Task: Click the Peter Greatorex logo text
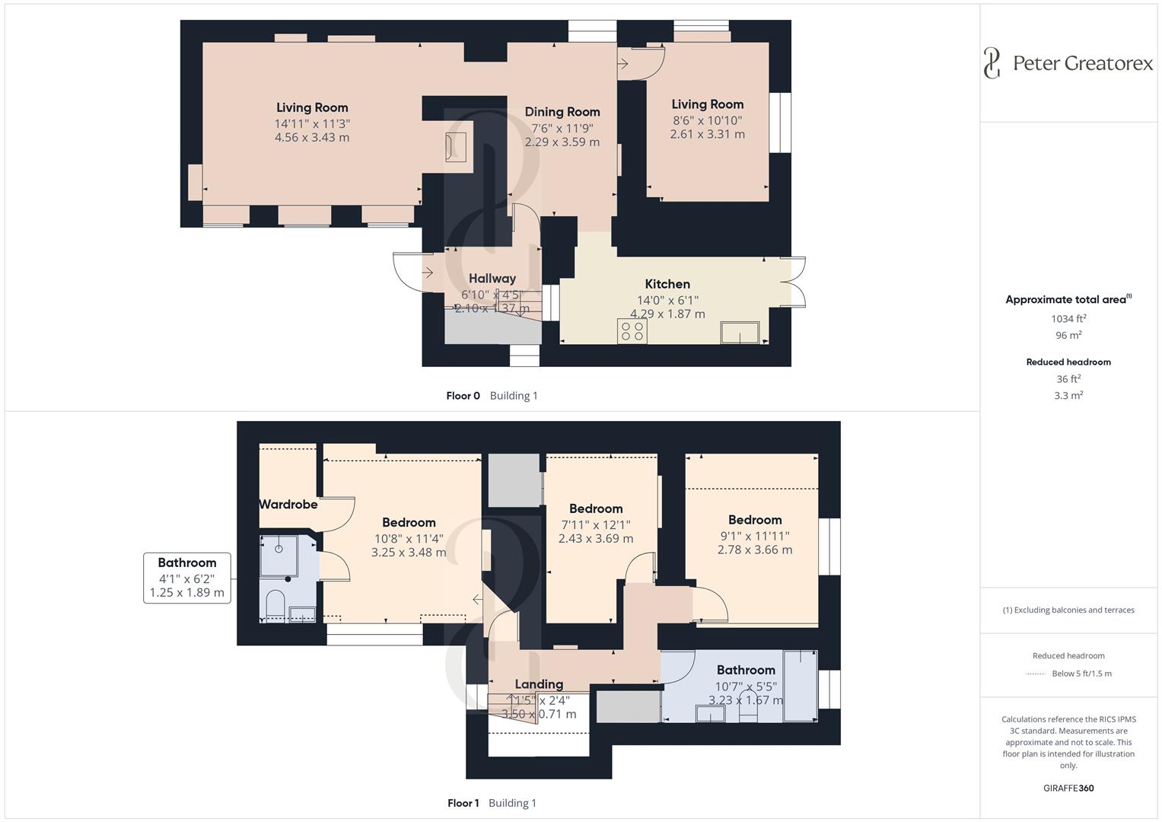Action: [x=1082, y=63]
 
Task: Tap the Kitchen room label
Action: [x=667, y=284]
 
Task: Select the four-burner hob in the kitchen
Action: [x=632, y=331]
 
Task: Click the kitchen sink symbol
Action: [x=740, y=332]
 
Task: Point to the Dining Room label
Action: [x=562, y=112]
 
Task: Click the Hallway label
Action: [x=492, y=279]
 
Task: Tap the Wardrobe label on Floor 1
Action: [x=288, y=504]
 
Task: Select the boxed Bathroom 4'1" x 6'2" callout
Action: [x=187, y=578]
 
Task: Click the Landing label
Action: [x=539, y=684]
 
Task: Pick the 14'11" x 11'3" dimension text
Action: [x=312, y=123]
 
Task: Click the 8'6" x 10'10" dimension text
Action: [x=707, y=120]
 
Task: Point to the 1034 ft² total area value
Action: [x=1068, y=319]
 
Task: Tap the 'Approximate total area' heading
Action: [x=1068, y=299]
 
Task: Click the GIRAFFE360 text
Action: [x=1068, y=788]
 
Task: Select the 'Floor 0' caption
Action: [x=463, y=396]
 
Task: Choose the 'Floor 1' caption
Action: [x=463, y=803]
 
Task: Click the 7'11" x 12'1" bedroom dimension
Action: [x=596, y=524]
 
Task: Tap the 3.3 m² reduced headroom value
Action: [x=1068, y=395]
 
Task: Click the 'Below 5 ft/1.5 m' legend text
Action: [x=1081, y=674]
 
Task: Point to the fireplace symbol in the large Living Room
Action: [x=456, y=146]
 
